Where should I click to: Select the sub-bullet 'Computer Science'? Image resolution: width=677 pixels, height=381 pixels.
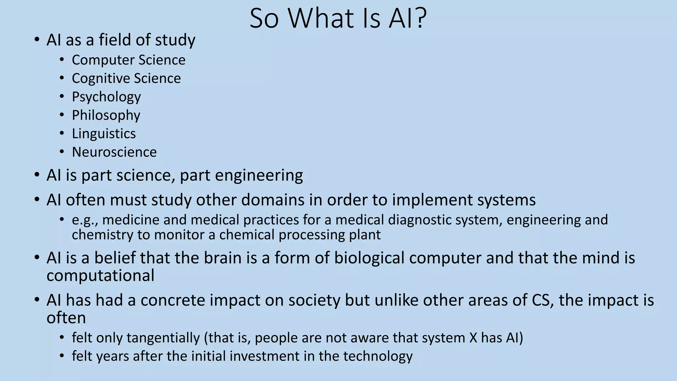pos(129,60)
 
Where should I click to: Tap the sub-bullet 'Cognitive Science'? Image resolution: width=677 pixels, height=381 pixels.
pos(126,78)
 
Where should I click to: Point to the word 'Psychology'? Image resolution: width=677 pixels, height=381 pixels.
pos(106,97)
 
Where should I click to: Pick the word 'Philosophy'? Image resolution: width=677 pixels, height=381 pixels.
pos(106,115)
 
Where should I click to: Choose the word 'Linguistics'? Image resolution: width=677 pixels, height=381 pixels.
pos(104,134)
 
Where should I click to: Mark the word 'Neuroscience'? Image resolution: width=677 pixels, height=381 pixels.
pos(114,152)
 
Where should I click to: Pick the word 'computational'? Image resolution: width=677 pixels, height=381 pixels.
pos(100,275)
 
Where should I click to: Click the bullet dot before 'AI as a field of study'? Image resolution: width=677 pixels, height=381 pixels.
pos(37,40)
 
